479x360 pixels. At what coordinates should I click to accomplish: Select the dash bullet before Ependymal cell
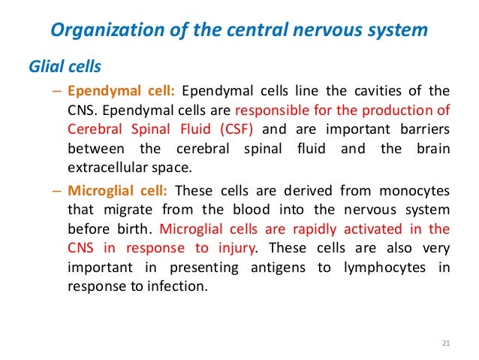coord(58,92)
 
